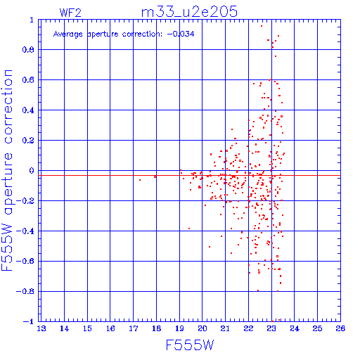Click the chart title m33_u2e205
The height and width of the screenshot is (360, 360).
[x=189, y=12]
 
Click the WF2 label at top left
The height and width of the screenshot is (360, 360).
[x=70, y=13]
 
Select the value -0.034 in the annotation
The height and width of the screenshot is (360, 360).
[x=181, y=34]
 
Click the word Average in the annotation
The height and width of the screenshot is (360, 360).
[x=68, y=34]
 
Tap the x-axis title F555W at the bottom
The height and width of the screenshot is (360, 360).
[x=190, y=345]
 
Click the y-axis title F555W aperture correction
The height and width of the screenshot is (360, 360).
[x=7, y=170]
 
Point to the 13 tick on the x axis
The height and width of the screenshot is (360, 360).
[x=41, y=328]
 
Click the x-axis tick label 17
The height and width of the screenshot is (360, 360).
[x=134, y=328]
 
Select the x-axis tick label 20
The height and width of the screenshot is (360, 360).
[x=202, y=328]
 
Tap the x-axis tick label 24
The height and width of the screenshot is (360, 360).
[x=295, y=328]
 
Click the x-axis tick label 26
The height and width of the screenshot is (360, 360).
[x=340, y=328]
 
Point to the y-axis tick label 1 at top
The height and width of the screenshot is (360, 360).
[x=32, y=20]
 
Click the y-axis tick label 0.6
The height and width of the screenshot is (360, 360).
[x=28, y=80]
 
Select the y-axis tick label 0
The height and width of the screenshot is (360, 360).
[x=32, y=170]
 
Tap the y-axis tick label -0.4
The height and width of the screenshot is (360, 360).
[x=25, y=231]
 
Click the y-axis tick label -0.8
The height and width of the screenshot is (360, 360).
[x=25, y=291]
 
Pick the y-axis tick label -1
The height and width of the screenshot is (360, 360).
[x=29, y=321]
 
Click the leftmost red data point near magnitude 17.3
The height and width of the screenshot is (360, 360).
[x=140, y=180]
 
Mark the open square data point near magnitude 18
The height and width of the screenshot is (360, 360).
[x=155, y=176]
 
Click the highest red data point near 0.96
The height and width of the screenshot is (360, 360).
[x=262, y=26]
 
